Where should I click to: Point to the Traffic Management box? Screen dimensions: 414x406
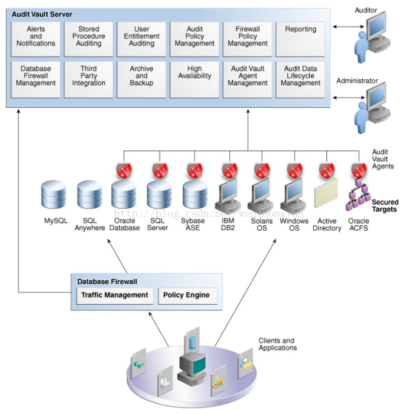114,295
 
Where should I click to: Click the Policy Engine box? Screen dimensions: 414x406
187,295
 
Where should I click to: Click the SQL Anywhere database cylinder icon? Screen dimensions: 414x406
89,195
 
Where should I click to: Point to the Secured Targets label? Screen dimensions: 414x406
384,206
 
